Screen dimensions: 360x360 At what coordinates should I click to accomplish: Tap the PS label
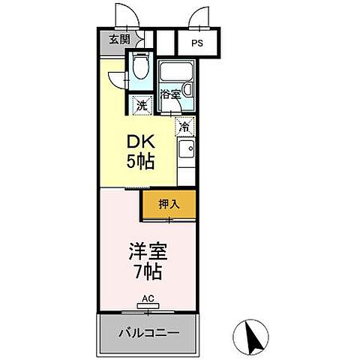(195, 43)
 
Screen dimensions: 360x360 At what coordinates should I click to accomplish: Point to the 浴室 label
(170, 94)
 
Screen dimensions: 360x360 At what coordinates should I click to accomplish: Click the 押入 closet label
(169, 202)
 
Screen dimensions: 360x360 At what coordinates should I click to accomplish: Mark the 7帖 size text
(146, 271)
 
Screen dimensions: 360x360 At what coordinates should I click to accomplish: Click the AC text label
(148, 298)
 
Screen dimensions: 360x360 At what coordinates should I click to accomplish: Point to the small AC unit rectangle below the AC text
(148, 306)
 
